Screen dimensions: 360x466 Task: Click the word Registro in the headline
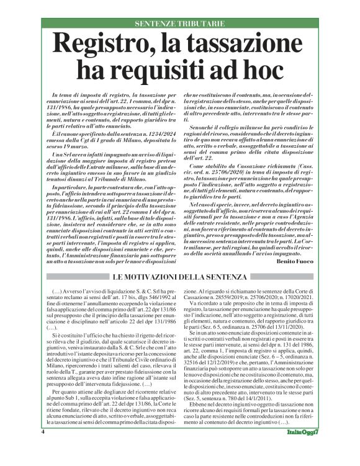tap(111, 45)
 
